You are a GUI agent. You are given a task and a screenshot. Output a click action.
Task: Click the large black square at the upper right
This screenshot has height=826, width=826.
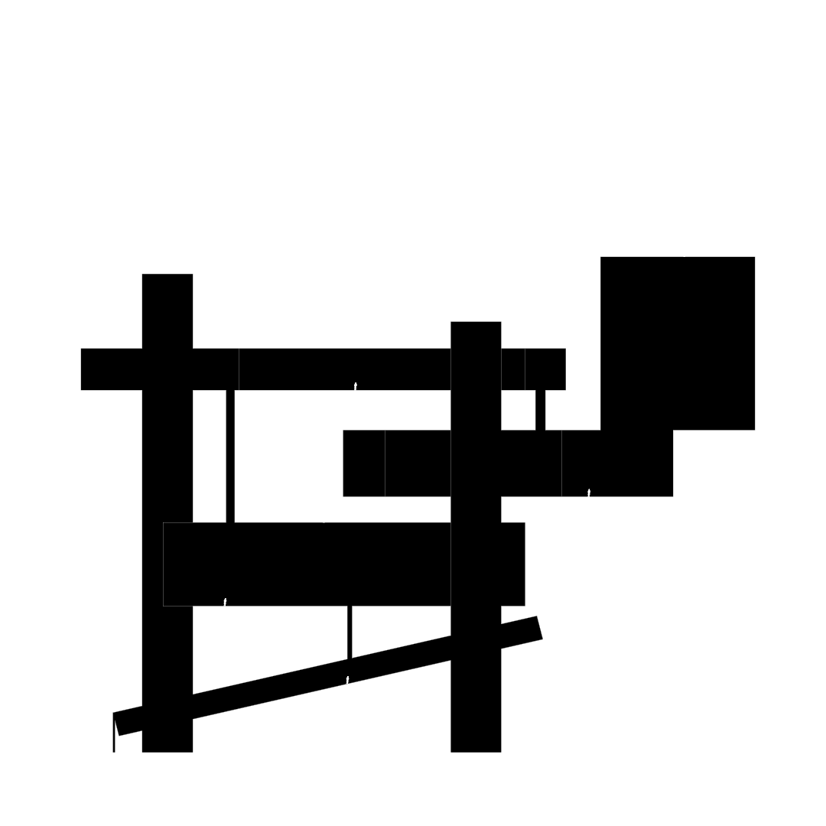point(678,343)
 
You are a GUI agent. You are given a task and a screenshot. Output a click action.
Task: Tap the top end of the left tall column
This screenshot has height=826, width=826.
point(167,277)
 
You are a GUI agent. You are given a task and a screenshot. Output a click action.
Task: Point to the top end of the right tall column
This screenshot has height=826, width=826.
point(476,324)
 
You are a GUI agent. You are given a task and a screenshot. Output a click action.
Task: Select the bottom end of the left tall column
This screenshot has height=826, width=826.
point(167,748)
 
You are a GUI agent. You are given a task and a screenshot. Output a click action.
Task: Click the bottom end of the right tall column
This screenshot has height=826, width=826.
point(476,748)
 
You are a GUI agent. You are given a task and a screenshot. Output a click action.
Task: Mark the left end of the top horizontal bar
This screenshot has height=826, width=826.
point(83,369)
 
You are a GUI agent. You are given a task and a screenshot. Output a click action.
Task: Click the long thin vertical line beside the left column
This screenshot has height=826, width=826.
point(230,456)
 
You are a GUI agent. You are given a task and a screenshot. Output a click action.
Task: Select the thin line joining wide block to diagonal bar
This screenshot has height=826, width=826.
point(350,632)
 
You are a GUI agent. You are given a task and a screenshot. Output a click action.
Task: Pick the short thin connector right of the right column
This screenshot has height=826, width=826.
point(540,410)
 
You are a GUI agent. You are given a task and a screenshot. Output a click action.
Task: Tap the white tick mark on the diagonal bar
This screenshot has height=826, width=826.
point(347,679)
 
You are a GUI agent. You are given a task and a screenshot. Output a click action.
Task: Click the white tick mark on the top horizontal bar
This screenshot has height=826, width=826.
point(355,386)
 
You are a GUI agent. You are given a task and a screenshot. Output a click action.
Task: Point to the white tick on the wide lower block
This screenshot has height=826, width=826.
point(225,602)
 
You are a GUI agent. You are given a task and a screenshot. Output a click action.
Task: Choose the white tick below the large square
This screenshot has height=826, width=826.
point(589,493)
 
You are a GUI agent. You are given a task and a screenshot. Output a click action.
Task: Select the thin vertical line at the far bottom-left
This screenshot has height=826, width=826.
point(114,734)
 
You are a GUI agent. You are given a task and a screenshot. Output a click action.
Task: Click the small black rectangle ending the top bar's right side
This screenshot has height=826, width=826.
point(545,369)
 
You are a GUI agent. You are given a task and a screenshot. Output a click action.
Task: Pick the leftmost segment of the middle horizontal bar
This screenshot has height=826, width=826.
point(363,463)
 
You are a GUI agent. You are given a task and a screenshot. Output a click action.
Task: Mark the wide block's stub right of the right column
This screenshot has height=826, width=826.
point(513,564)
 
